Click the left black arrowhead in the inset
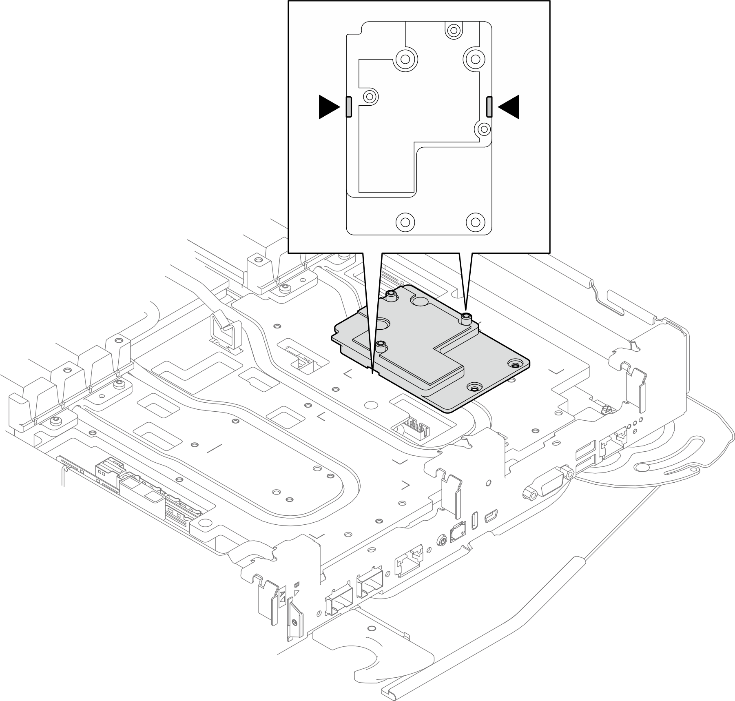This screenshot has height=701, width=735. click(x=328, y=107)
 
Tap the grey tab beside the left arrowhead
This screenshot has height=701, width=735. click(x=348, y=107)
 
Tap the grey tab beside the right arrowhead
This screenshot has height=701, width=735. click(x=489, y=107)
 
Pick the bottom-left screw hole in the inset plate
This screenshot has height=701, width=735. click(x=405, y=222)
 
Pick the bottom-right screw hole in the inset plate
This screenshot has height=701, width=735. click(x=475, y=222)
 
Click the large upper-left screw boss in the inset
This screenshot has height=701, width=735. click(x=405, y=59)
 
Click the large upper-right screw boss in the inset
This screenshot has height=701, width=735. click(x=475, y=59)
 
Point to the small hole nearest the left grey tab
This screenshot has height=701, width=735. click(x=370, y=97)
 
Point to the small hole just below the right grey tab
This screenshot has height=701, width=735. click(x=484, y=129)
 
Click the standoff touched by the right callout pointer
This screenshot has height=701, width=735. click(x=466, y=318)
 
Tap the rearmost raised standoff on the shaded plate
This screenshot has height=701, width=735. click(x=391, y=295)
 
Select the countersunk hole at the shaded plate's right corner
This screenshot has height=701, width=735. click(x=514, y=364)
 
